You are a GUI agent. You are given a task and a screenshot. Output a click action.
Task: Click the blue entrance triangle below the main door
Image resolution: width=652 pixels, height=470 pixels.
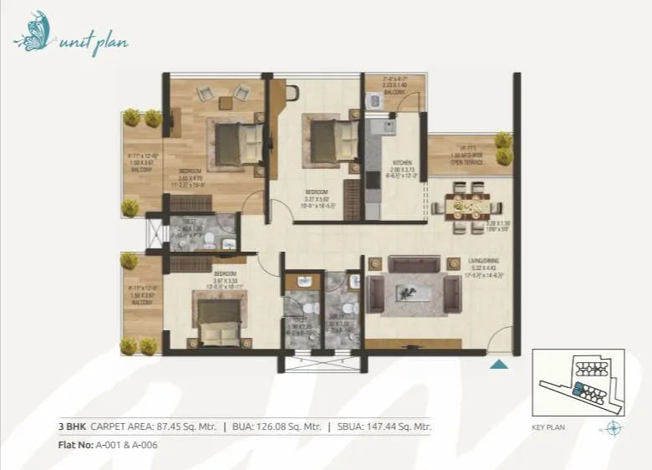click(x=498, y=363)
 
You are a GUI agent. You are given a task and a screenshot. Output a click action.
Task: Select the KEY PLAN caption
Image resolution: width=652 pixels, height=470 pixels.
click(x=548, y=427)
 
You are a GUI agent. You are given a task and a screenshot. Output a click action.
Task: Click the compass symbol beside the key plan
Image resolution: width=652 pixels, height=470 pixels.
click(x=614, y=428)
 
